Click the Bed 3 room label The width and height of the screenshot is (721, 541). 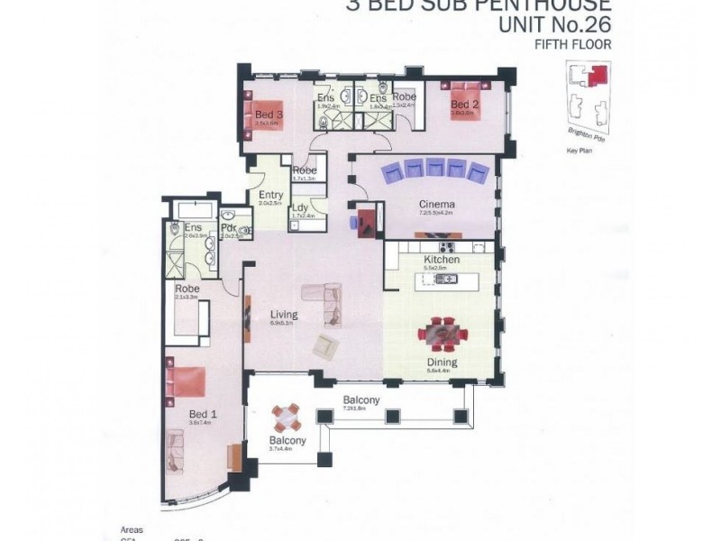tap(269, 115)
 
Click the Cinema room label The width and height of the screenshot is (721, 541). tap(436, 205)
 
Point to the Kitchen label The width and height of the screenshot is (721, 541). tap(442, 260)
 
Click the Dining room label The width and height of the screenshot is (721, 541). tap(442, 362)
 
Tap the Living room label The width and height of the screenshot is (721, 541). tap(284, 315)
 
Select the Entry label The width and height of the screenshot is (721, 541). tap(270, 195)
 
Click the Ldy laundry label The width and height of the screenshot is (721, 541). tap(300, 208)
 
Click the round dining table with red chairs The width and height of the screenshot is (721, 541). tap(442, 334)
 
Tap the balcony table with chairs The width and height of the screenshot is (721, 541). tap(287, 417)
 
